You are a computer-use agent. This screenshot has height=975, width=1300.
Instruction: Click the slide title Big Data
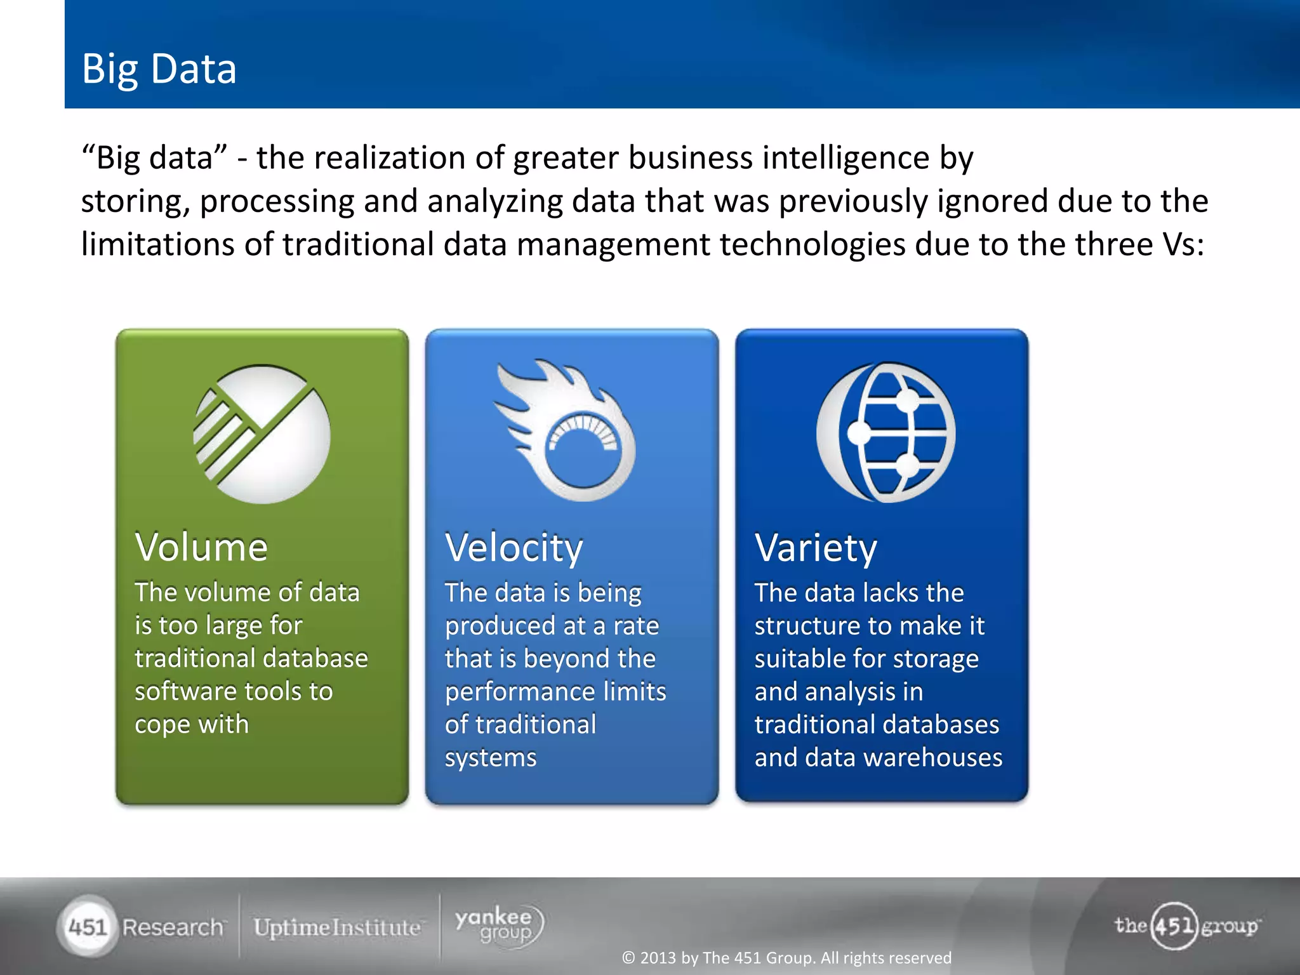pos(159,69)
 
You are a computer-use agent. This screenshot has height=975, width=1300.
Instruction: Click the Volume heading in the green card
pos(201,547)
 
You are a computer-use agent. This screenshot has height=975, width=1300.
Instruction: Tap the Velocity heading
pos(514,547)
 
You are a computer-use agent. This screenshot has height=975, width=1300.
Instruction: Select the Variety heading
pos(816,547)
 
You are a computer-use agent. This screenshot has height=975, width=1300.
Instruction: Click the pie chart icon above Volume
pos(262,434)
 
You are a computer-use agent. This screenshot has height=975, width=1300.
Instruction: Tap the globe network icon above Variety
pos(886,433)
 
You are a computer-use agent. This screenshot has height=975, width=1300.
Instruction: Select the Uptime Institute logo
pos(337,927)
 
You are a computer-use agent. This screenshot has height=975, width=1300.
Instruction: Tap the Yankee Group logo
pos(499,925)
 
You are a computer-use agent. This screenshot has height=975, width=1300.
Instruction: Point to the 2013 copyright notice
pos(786,958)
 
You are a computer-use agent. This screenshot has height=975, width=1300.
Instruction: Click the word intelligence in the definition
pos(846,157)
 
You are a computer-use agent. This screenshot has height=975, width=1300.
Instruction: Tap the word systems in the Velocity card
pos(490,758)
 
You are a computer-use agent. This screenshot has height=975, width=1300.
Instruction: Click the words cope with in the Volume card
pos(192,724)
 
